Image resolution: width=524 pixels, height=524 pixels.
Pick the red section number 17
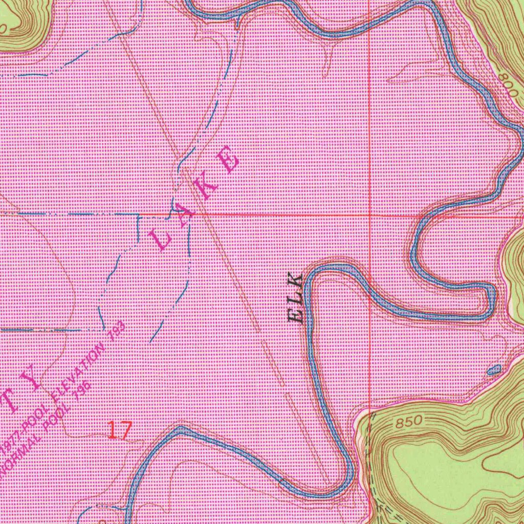(120, 430)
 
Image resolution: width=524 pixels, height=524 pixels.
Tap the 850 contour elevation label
(409, 423)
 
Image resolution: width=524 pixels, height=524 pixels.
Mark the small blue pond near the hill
(494, 369)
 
